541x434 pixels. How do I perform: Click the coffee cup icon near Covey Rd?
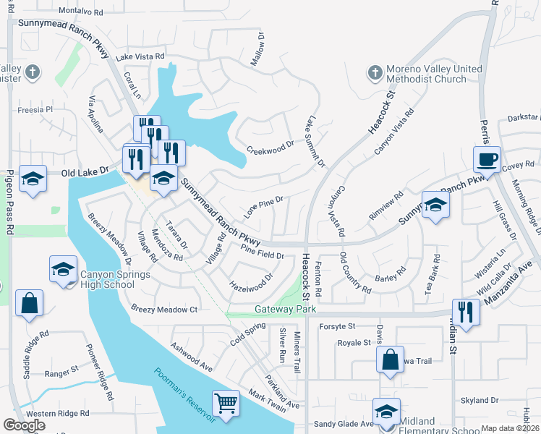click(487, 158)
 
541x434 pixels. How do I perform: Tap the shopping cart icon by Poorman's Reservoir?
click(226, 403)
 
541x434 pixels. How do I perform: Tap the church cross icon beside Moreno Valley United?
click(375, 73)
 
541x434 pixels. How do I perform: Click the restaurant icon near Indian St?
click(466, 312)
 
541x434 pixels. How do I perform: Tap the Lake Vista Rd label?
click(140, 56)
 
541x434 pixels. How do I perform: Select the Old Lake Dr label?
click(85, 172)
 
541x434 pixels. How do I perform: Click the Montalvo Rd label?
click(80, 12)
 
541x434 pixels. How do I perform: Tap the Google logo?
click(24, 425)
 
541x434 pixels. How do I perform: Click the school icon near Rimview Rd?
click(435, 205)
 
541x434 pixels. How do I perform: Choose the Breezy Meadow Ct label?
click(164, 309)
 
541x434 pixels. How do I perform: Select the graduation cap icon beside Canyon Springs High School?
click(63, 270)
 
